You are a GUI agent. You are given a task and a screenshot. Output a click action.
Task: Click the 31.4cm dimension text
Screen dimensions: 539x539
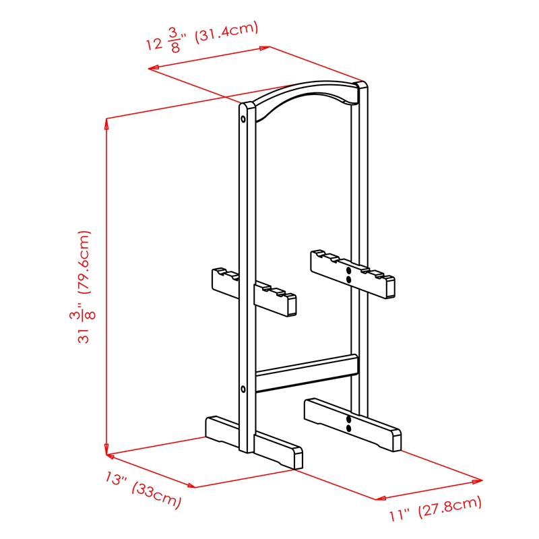pyautogui.click(x=227, y=32)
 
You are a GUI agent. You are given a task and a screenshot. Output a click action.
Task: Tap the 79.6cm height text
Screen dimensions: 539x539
pyautogui.click(x=84, y=262)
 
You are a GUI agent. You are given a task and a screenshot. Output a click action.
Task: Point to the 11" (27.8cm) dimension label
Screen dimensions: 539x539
pyautogui.click(x=435, y=509)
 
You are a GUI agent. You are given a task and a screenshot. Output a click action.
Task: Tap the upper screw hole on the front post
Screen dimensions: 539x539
pyautogui.click(x=243, y=119)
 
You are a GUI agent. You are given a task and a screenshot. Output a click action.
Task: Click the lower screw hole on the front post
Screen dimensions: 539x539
pyautogui.click(x=243, y=389)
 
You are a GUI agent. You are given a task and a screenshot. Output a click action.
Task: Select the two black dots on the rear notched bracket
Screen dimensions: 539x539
pyautogui.click(x=348, y=275)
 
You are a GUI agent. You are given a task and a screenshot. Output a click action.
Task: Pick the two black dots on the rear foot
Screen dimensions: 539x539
pyautogui.click(x=348, y=424)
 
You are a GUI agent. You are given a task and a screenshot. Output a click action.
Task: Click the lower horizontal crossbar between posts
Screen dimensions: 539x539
pyautogui.click(x=307, y=373)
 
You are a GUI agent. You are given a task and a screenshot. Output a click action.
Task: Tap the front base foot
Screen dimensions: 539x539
pyautogui.click(x=254, y=443)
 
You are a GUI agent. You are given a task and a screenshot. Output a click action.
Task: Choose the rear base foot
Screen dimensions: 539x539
pyautogui.click(x=352, y=425)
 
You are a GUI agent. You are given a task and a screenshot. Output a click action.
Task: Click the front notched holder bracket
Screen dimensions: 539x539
pyautogui.click(x=254, y=292)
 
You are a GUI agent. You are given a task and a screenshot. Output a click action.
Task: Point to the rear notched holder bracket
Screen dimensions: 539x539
pyautogui.click(x=352, y=274)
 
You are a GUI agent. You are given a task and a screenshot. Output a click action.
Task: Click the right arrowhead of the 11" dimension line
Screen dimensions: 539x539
pyautogui.click(x=478, y=481)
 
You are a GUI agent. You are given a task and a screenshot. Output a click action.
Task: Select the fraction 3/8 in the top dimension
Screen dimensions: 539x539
pyautogui.click(x=174, y=40)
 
